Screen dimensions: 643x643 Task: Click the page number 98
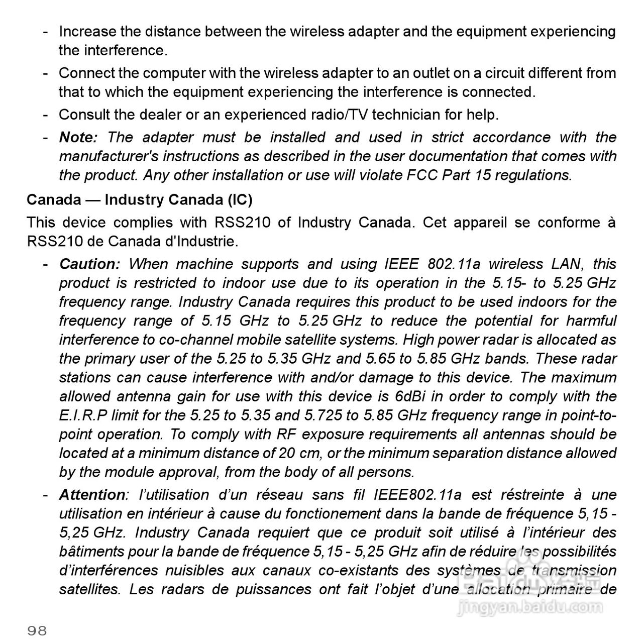pyautogui.click(x=37, y=630)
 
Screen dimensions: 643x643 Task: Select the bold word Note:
pyautogui.click(x=78, y=137)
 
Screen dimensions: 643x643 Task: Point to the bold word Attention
pyautogui.click(x=91, y=495)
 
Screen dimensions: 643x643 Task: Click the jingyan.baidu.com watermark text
pyautogui.click(x=530, y=608)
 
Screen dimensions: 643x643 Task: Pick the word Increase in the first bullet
pyautogui.click(x=87, y=32)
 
